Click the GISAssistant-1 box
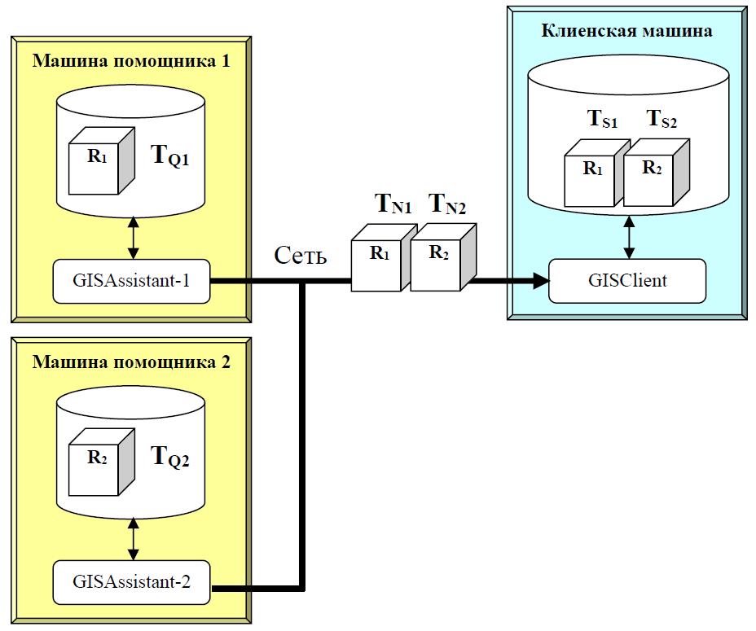(x=130, y=281)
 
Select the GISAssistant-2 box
(x=130, y=582)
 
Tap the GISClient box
(x=627, y=281)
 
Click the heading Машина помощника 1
(x=131, y=61)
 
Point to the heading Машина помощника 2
(x=131, y=362)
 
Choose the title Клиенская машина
(x=627, y=31)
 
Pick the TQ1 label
(x=171, y=158)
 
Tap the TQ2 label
(x=171, y=458)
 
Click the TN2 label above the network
(x=447, y=204)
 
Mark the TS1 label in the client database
(x=603, y=121)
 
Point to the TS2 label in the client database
(x=661, y=121)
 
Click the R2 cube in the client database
(x=650, y=173)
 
